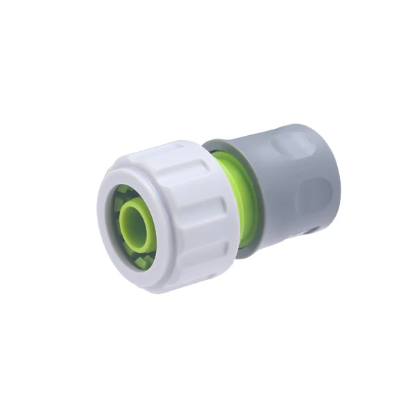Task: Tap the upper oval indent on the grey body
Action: click(x=293, y=145)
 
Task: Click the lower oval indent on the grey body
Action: click(x=317, y=192)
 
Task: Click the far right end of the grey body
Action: click(x=333, y=174)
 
